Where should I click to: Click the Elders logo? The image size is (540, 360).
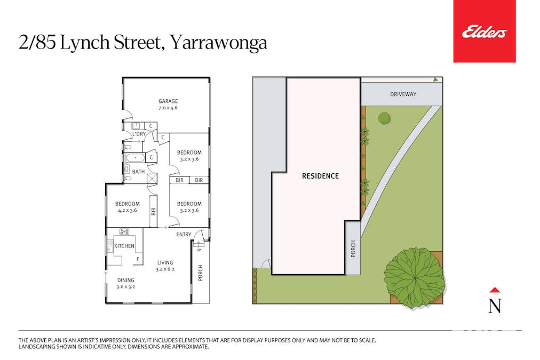click(484, 32)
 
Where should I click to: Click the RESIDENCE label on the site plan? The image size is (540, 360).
click(320, 176)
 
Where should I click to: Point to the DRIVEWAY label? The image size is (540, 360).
click(403, 94)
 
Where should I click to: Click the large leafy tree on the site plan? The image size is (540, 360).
click(414, 277)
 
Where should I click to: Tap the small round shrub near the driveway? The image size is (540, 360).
click(384, 118)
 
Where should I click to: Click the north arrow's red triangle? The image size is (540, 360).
click(495, 290)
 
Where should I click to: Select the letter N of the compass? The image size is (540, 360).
click(495, 306)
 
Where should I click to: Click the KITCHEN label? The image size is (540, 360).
click(125, 246)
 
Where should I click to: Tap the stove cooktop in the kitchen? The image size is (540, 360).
click(124, 232)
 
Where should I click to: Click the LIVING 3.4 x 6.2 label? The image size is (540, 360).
click(165, 266)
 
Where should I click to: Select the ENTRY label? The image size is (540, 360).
click(184, 235)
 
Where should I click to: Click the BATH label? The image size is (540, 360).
click(138, 171)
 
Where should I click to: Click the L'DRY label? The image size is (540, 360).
click(139, 134)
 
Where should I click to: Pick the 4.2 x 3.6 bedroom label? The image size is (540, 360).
click(128, 207)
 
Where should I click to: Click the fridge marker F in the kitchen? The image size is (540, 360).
click(138, 260)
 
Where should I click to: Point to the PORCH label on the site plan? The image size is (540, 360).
click(353, 249)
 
